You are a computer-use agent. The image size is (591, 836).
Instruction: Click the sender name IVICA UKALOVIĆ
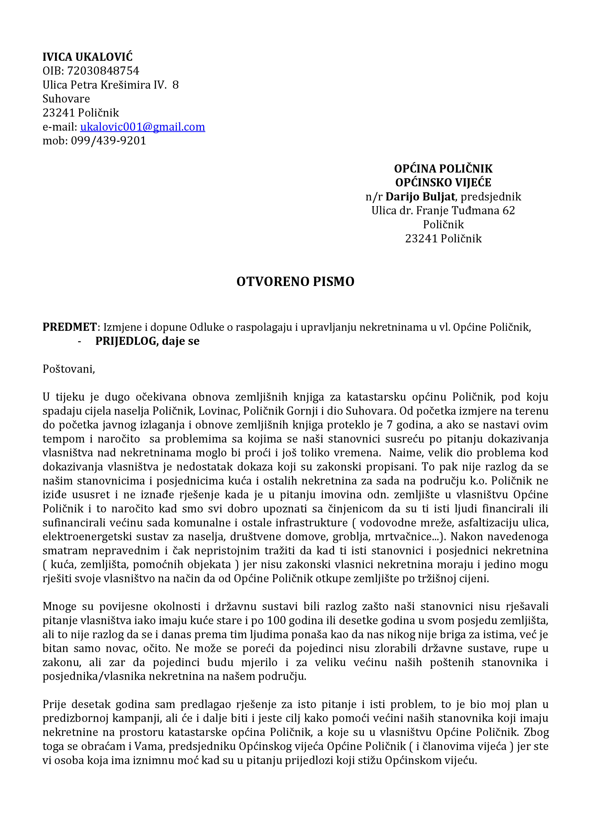tap(87, 57)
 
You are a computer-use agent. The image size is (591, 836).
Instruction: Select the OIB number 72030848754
tap(103, 71)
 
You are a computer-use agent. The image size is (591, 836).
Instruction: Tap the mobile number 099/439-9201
tap(108, 141)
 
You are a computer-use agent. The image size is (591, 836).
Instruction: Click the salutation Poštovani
tap(68, 369)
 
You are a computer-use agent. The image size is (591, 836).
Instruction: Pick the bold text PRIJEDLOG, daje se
tap(147, 341)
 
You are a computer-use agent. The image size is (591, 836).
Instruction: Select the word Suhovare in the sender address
tap(66, 99)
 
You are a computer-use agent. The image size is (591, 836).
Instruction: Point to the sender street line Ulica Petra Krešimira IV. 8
tap(110, 85)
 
